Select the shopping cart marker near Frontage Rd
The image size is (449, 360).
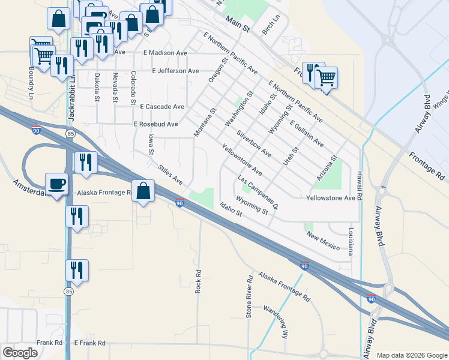point(326,77)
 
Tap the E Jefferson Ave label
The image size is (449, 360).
point(175,71)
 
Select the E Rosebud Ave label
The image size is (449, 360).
point(156,124)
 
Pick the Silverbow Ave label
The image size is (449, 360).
point(254,144)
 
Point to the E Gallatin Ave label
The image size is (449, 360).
point(306,134)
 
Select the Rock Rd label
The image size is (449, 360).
point(197,280)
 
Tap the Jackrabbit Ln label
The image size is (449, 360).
point(71,96)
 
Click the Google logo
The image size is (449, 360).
point(20,352)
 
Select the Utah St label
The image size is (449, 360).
point(294,157)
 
